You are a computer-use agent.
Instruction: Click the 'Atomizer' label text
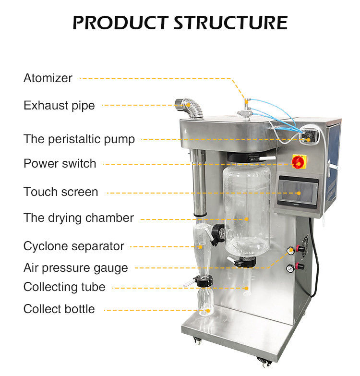pyautogui.click(x=48, y=78)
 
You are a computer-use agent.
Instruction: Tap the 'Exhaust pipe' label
pyautogui.click(x=59, y=105)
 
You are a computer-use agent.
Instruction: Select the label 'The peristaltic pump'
pyautogui.click(x=79, y=139)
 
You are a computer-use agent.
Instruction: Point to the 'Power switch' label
pyautogui.click(x=60, y=163)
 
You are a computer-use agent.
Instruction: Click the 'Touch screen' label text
pyautogui.click(x=60, y=192)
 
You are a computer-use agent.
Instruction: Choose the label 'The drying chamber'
pyautogui.click(x=79, y=218)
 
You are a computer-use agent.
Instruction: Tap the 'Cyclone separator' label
pyautogui.click(x=74, y=246)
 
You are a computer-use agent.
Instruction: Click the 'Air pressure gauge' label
pyautogui.click(x=76, y=267)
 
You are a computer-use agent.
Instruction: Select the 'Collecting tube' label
pyautogui.click(x=64, y=287)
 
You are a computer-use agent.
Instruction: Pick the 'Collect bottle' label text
pyautogui.click(x=59, y=309)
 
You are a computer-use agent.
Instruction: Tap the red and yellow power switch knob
pyautogui.click(x=298, y=162)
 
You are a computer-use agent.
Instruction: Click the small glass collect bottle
pyautogui.click(x=206, y=301)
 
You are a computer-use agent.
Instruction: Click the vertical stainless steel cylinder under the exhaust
pyautogui.click(x=199, y=182)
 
